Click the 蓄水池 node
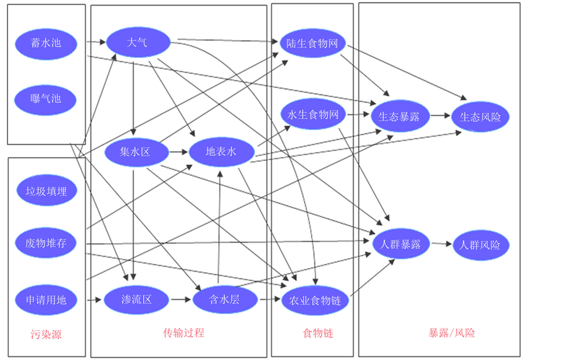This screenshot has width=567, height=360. (x=46, y=43)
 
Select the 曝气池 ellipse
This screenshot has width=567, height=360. (x=46, y=99)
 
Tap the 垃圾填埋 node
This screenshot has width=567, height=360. (x=46, y=191)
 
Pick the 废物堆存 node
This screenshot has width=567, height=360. (x=46, y=243)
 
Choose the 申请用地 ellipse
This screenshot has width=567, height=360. (x=46, y=300)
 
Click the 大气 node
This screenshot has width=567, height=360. (x=138, y=43)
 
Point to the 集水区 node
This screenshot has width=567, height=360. (x=135, y=152)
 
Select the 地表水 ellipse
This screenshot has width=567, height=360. (x=221, y=151)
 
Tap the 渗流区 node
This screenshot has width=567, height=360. (x=136, y=300)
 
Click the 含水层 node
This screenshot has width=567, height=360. (x=224, y=300)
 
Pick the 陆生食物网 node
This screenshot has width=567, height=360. (x=312, y=43)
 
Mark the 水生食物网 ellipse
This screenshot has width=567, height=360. (x=312, y=114)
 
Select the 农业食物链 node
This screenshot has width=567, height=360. (x=315, y=300)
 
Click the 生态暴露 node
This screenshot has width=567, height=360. (x=400, y=116)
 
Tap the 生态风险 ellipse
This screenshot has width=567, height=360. (x=480, y=116)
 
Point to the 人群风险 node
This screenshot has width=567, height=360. (x=480, y=244)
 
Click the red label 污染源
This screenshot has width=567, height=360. (x=46, y=334)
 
